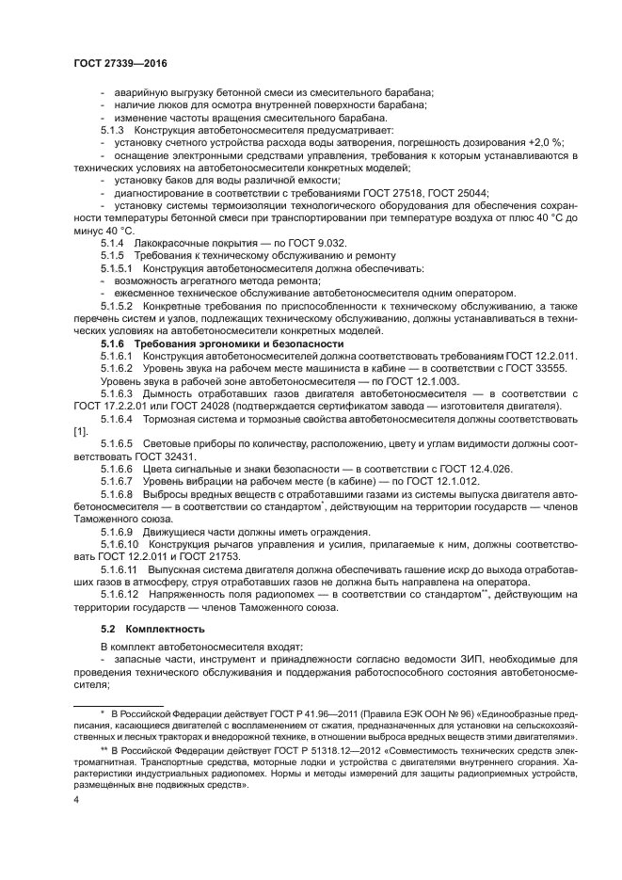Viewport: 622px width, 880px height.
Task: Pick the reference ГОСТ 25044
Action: coord(457,192)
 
